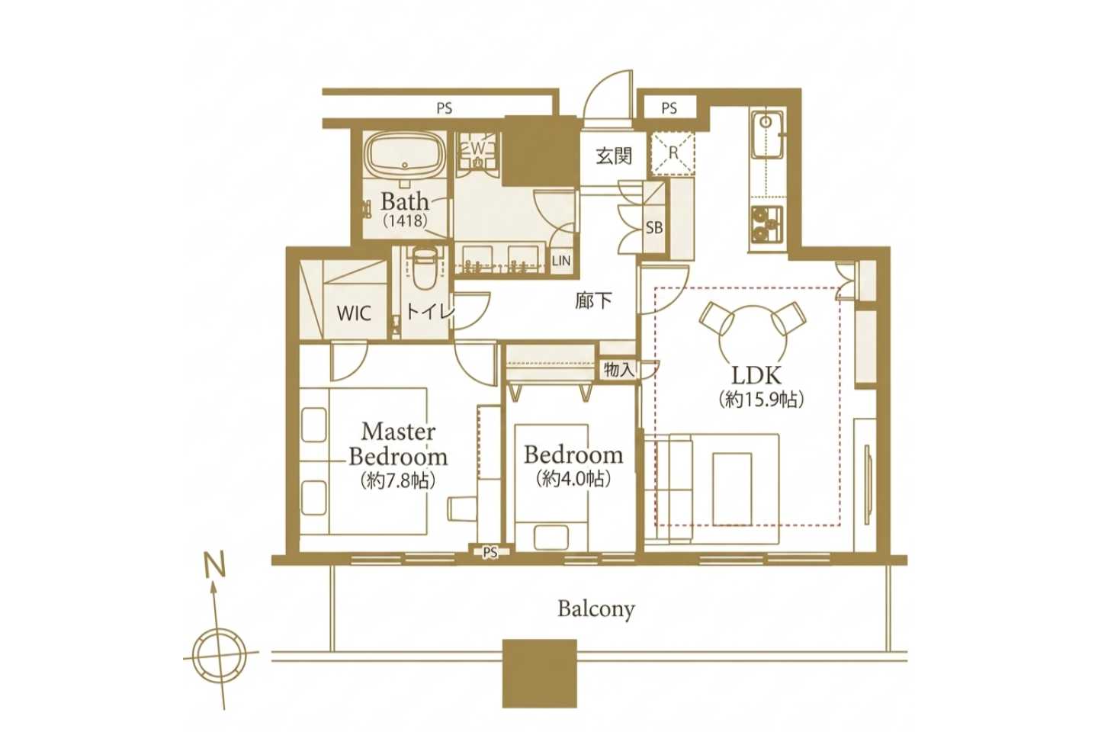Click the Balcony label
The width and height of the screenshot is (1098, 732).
(x=596, y=609)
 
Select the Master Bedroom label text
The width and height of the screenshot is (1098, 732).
(x=398, y=444)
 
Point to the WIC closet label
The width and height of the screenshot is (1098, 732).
(x=354, y=313)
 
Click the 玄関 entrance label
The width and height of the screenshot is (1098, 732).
(x=614, y=156)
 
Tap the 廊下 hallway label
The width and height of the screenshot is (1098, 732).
(x=593, y=300)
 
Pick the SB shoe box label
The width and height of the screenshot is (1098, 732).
(x=654, y=227)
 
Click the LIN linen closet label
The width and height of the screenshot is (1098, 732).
(x=561, y=260)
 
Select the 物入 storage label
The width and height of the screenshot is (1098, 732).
(x=619, y=369)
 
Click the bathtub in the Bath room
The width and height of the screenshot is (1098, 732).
(x=405, y=158)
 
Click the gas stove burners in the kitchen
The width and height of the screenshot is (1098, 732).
(x=766, y=224)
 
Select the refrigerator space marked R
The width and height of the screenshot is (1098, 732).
(x=673, y=153)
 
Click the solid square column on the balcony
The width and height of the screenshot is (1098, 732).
(x=539, y=673)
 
